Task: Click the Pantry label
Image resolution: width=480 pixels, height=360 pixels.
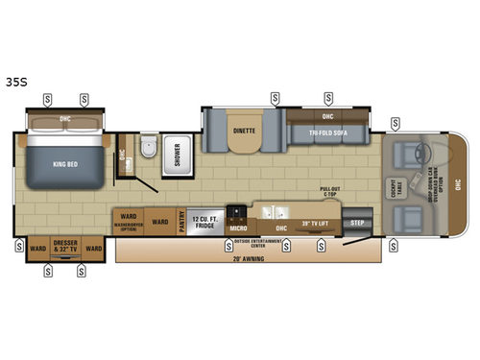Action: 180,221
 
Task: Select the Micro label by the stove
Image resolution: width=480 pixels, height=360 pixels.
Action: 238,228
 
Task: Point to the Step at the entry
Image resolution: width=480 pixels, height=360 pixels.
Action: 357,222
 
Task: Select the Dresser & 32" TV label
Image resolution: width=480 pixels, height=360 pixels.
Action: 66,247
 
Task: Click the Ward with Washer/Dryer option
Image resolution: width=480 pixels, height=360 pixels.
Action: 130,221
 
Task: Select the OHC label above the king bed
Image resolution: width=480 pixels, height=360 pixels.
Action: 64,119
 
